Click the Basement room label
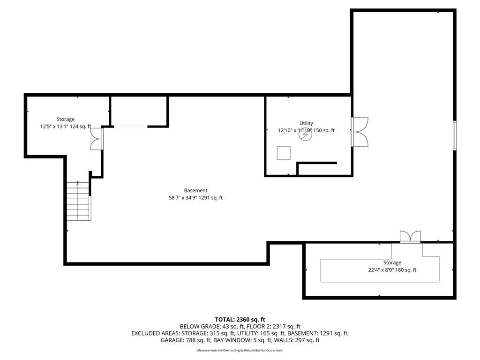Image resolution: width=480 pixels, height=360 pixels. [195, 190]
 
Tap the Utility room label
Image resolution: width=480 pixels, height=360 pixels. [306, 123]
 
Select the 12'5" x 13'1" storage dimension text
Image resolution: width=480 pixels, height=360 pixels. [66, 126]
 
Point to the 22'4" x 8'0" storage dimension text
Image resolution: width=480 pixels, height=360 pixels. [392, 270]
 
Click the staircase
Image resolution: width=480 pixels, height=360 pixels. [79, 201]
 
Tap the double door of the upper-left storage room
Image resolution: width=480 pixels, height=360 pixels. [97, 139]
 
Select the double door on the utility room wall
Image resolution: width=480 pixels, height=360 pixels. [360, 132]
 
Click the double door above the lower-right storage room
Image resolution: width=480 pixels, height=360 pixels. [410, 237]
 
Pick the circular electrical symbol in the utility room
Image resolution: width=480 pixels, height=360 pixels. [305, 135]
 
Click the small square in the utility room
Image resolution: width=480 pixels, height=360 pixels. [284, 153]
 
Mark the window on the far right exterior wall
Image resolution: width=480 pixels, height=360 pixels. [455, 135]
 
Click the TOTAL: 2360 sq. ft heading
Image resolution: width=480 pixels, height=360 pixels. [240, 320]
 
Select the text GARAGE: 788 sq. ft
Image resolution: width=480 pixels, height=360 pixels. [186, 340]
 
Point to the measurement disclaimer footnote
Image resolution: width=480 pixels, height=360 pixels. [240, 350]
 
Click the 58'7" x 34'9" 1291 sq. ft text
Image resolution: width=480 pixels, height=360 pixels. [195, 198]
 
